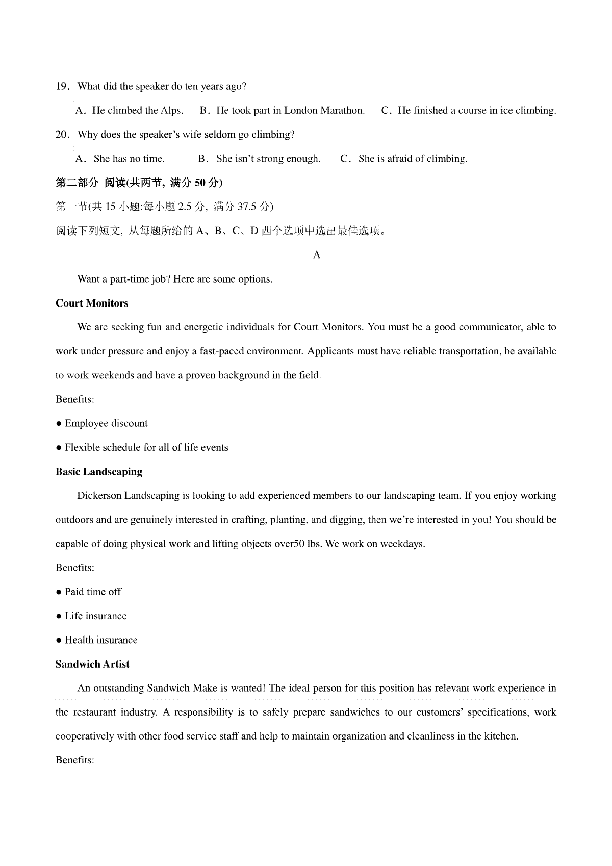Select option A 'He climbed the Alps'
[130, 111]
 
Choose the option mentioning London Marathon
[283, 111]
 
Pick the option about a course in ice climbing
[469, 111]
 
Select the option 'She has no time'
[120, 159]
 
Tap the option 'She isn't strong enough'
[260, 159]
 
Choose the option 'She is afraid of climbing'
[404, 159]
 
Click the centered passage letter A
[317, 255]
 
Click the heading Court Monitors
[92, 303]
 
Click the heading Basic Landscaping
[99, 472]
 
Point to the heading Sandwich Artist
[92, 664]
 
